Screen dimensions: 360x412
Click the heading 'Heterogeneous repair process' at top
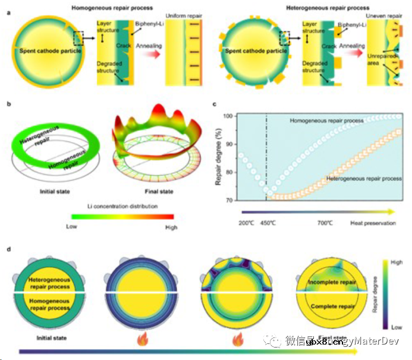click(317, 8)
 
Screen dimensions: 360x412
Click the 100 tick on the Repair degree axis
click(228, 116)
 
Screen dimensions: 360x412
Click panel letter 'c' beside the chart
click(214, 105)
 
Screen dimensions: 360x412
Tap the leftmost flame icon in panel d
click(142, 340)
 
